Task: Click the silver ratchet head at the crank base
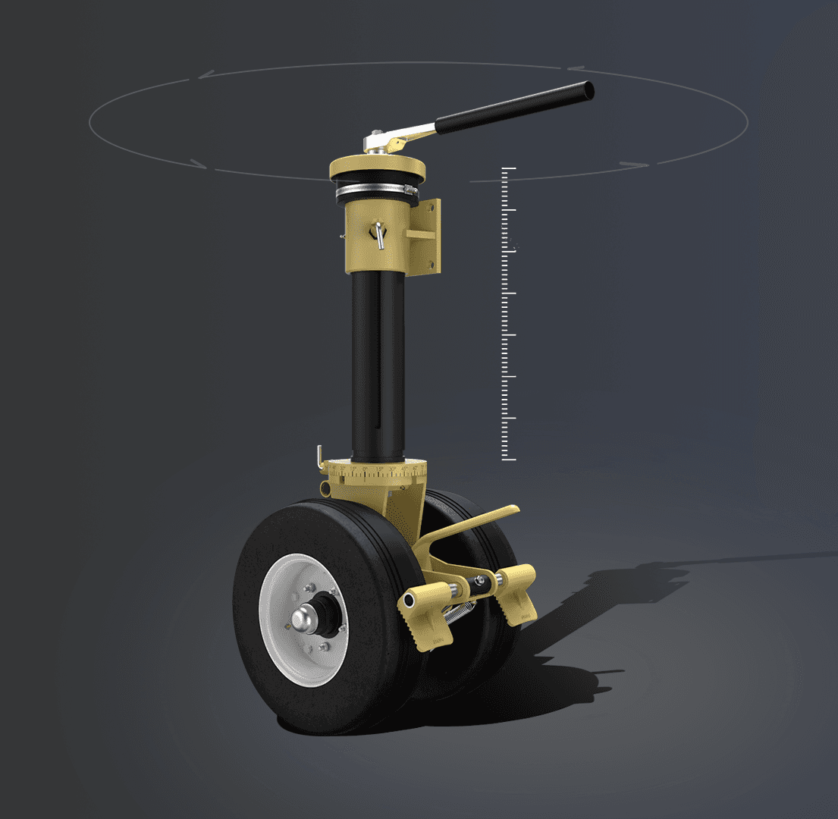[375, 143]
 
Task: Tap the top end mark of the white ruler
[508, 168]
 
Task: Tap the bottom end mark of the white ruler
[508, 460]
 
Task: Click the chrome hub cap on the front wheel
[307, 619]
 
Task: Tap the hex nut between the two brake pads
[479, 582]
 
